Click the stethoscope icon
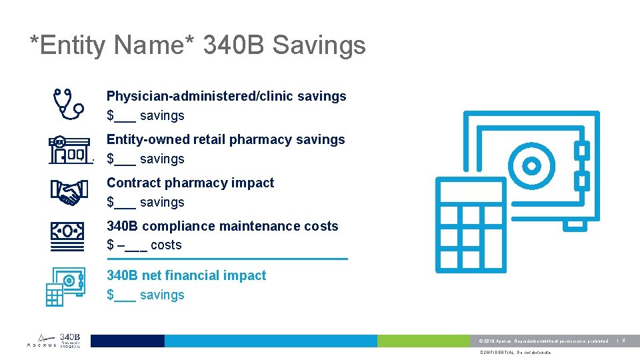click(x=68, y=103)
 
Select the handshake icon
click(x=68, y=192)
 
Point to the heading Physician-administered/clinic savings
click(x=226, y=96)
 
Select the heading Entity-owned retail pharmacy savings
click(x=225, y=139)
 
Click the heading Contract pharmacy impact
click(x=190, y=183)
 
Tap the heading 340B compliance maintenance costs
click(x=222, y=226)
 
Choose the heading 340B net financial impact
click(x=186, y=275)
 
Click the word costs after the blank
click(x=166, y=245)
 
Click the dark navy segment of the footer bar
click(x=127, y=341)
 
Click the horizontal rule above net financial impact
click(x=227, y=259)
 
